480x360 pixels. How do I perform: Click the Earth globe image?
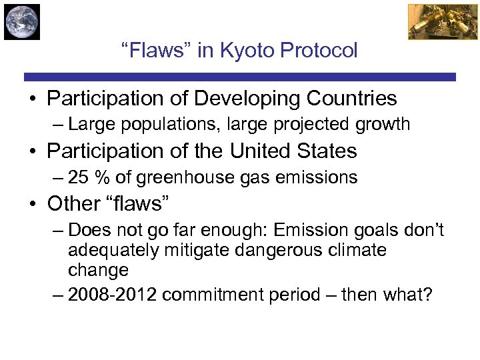point(21,21)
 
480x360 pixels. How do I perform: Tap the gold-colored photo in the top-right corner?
point(434,21)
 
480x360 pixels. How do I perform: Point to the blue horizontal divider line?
point(240,77)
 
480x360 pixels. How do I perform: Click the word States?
point(327,151)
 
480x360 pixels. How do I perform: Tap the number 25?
point(78,177)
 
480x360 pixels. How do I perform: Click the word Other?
point(73,203)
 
